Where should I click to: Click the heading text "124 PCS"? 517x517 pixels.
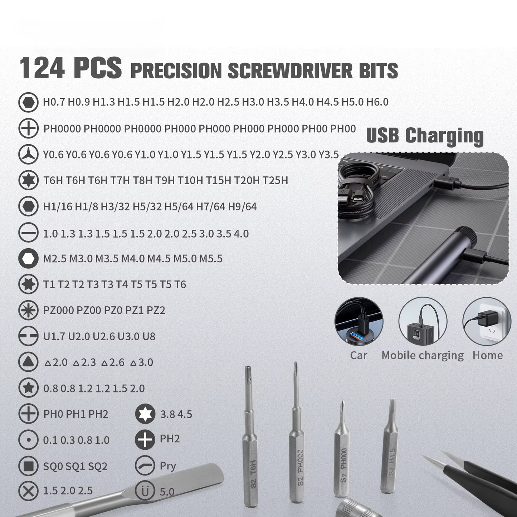70,68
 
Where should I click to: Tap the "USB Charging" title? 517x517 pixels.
425,136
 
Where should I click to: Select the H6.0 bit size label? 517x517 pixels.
377,102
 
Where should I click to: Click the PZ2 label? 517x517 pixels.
156,310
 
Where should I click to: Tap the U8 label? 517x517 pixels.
149,337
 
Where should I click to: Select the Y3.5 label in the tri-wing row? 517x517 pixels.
328,155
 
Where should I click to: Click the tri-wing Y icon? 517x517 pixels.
28,155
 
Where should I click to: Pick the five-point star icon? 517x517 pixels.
28,388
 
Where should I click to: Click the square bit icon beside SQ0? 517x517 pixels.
28,466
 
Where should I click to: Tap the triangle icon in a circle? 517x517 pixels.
28,362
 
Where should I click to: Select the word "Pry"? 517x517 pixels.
168,466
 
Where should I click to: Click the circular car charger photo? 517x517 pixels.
359,321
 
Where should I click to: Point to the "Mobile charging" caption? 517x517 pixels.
422,355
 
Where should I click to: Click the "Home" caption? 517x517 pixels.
487,355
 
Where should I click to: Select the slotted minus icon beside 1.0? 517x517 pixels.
28,233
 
